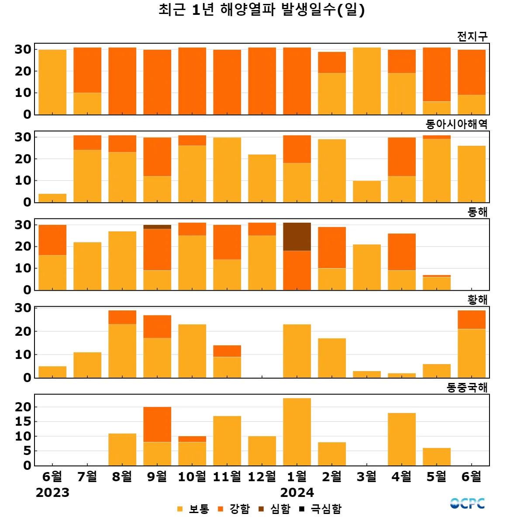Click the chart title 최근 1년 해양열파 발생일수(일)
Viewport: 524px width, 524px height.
pos(262,10)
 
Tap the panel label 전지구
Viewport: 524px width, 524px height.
pos(472,36)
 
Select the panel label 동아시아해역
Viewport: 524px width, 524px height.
pos(456,124)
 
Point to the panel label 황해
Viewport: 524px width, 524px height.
pos(477,300)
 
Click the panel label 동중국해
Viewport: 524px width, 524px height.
pos(467,387)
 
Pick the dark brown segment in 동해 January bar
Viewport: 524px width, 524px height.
pos(297,237)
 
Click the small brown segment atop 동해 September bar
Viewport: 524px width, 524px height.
pos(157,227)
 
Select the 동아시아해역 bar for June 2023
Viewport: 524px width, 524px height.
pos(52,198)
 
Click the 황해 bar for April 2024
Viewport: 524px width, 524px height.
pos(402,376)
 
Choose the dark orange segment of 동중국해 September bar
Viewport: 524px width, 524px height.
pos(157,424)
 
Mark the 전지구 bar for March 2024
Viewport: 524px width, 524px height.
pos(367,81)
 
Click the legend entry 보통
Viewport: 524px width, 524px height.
pos(193,509)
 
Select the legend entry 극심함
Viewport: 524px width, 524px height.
pos(321,509)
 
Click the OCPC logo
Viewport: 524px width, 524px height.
pos(467,503)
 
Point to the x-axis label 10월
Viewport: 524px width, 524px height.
pos(192,476)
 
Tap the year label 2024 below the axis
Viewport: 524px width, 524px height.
pos(297,493)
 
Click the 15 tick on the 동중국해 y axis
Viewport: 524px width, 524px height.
pos(23,421)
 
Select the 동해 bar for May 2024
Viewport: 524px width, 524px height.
pos(437,283)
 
